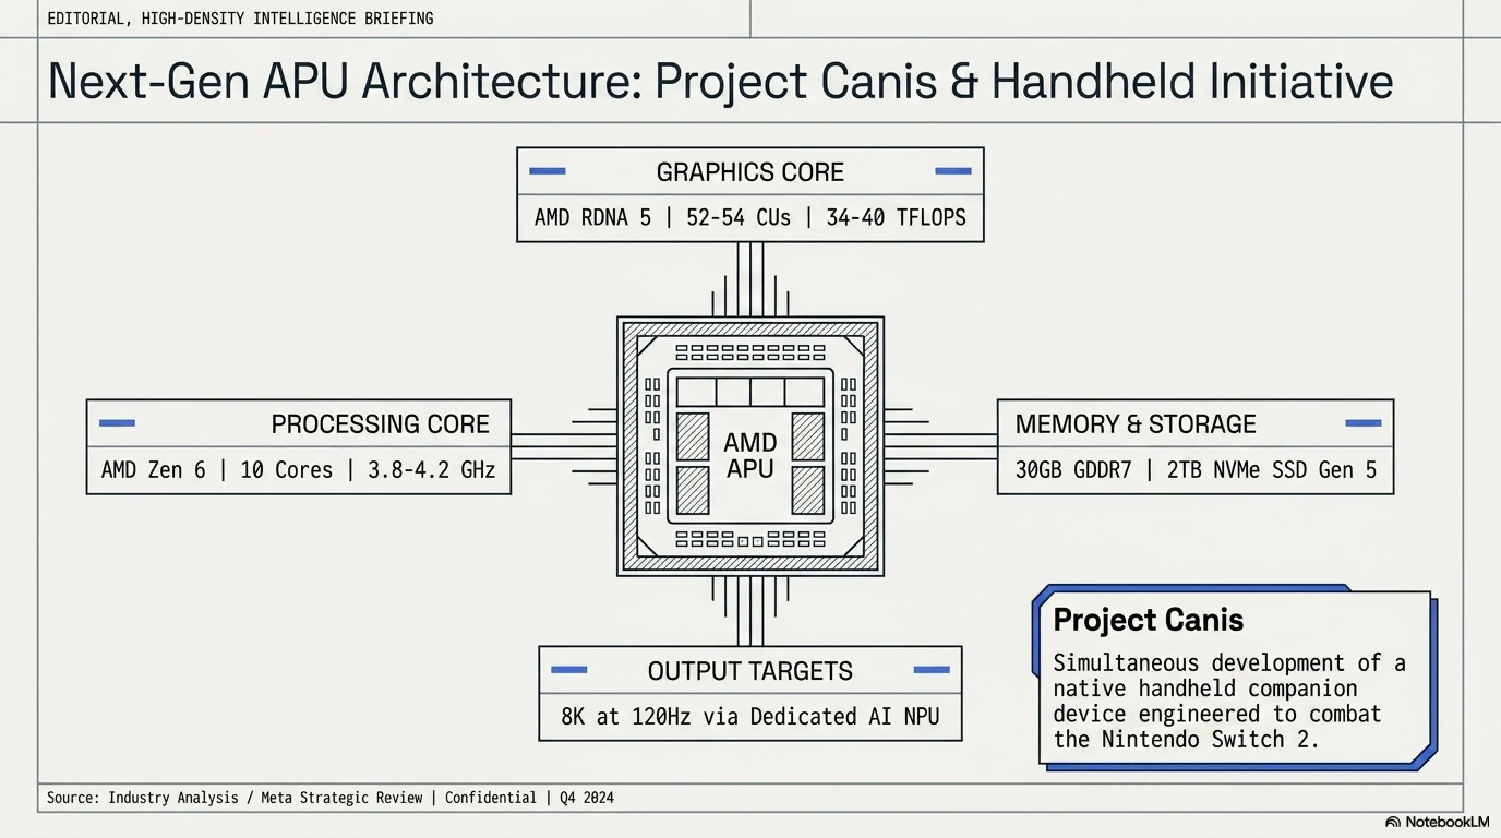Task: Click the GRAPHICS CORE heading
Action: coord(750,172)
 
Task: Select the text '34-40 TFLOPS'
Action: coord(896,217)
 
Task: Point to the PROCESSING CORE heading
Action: coord(380,424)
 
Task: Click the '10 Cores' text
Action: coord(286,470)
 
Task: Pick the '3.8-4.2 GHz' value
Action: coord(431,470)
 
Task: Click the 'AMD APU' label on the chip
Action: coord(750,455)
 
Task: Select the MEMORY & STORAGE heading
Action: coord(1135,424)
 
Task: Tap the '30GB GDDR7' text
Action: coord(1073,470)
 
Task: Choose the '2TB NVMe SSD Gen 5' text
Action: coord(1271,470)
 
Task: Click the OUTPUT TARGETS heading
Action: coord(750,671)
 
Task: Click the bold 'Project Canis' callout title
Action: coord(1148,619)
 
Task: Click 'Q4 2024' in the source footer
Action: coord(586,797)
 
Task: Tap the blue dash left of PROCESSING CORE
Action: coord(117,423)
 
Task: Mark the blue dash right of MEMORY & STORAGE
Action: coord(1363,423)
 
